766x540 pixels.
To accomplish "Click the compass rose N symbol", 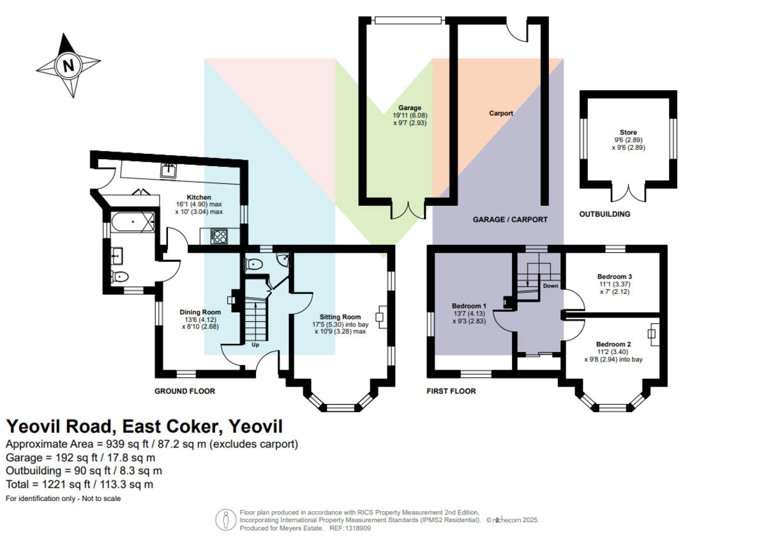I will [67, 65].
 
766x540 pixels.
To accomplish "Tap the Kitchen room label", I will [199, 197].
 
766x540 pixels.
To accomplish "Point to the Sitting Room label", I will [340, 317].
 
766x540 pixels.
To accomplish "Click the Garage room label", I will [410, 108].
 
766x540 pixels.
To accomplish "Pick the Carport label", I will [501, 113].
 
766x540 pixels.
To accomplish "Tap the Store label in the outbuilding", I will [628, 132].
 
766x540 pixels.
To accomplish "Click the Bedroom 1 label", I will [469, 305].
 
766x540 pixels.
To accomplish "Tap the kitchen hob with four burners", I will [219, 236].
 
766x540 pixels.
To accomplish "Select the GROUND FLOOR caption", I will [185, 391].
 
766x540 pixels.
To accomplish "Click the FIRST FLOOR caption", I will [451, 391].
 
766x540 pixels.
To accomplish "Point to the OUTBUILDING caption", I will [605, 214].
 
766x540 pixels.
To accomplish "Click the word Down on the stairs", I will [550, 286].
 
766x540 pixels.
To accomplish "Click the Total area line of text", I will [79, 484].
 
